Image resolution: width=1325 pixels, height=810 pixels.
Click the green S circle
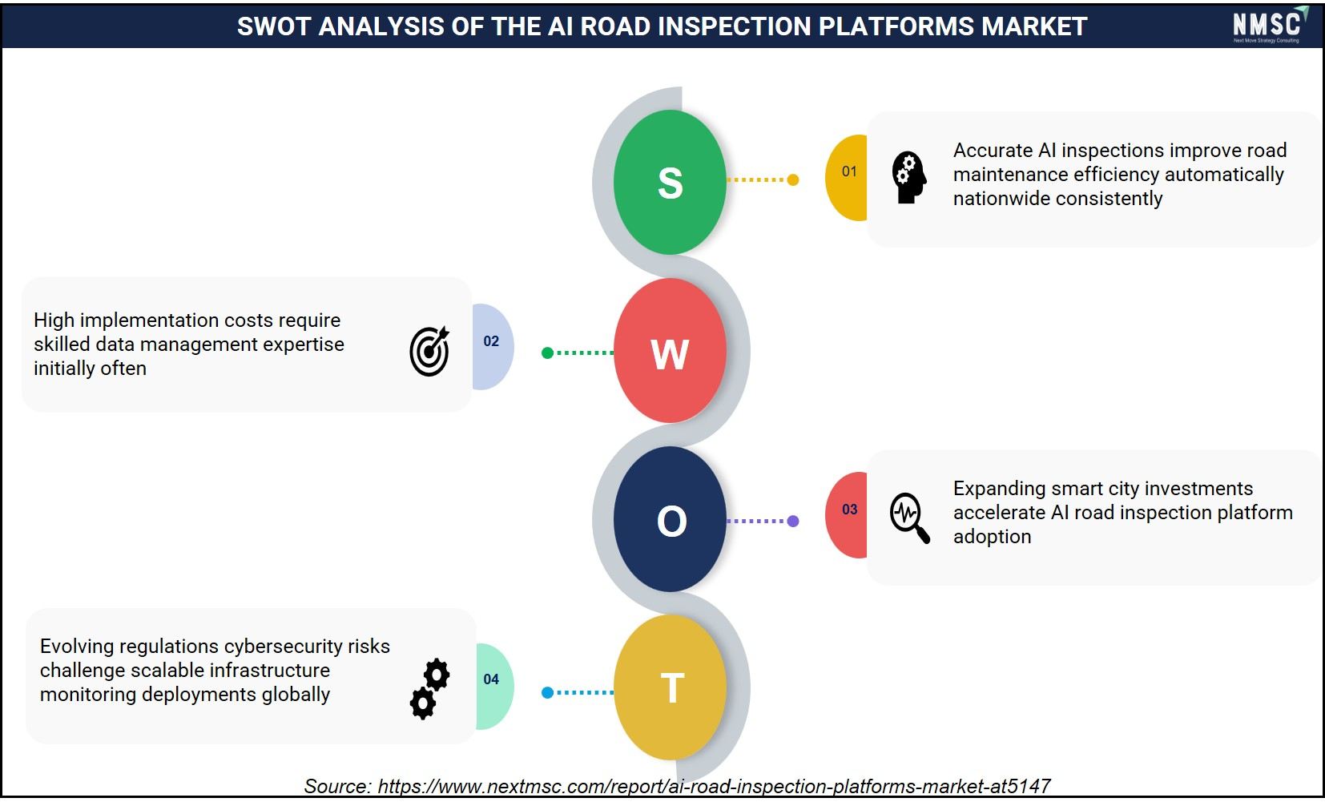670,182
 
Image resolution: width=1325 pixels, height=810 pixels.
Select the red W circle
670,351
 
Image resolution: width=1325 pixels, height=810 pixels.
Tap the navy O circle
670,519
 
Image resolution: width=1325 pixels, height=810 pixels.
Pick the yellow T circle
670,687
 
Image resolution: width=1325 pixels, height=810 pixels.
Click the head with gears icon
908,178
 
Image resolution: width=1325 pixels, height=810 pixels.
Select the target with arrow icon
429,351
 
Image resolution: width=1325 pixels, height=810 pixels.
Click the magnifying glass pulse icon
910,518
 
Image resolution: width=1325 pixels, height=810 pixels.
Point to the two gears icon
429,689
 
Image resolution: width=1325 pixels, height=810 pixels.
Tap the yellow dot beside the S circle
793,179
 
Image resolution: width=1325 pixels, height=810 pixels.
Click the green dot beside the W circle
547,353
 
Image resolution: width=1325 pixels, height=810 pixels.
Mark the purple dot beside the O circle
793,521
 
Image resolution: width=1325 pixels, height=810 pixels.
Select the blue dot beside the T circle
547,692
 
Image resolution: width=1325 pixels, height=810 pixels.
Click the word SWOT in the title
274,26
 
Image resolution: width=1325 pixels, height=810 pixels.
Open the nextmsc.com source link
714,786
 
